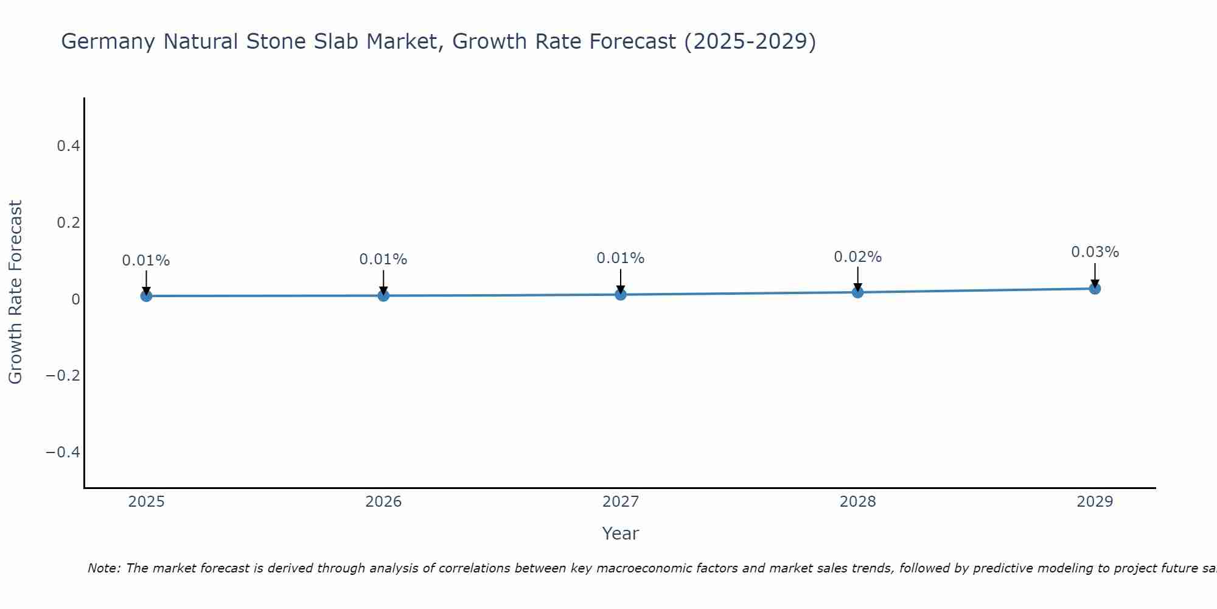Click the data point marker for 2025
click(x=146, y=296)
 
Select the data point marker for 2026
click(x=383, y=295)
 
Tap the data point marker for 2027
click(x=621, y=295)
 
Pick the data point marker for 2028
click(x=858, y=292)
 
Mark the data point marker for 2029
click(x=1095, y=289)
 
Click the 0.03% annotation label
click(x=1095, y=252)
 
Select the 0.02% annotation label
click(x=857, y=257)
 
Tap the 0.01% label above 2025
click(x=146, y=261)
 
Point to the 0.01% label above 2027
click(x=620, y=258)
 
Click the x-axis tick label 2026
click(x=383, y=502)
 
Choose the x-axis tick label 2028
click(x=857, y=502)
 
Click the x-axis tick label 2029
click(x=1095, y=502)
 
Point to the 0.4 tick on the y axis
click(x=68, y=146)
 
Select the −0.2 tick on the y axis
click(x=63, y=376)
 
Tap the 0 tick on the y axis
click(x=75, y=299)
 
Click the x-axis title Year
click(x=620, y=533)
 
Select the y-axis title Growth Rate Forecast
click(x=16, y=292)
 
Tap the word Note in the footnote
click(x=103, y=568)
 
